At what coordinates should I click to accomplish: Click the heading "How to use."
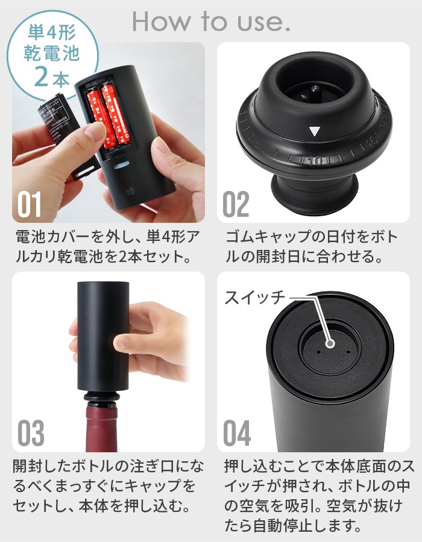click(211, 22)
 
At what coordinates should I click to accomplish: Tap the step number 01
click(30, 204)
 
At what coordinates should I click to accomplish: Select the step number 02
click(236, 204)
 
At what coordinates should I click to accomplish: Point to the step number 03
click(31, 433)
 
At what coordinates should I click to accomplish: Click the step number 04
click(237, 433)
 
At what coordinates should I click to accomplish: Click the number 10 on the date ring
click(316, 161)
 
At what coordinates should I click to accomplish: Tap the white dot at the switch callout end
click(330, 344)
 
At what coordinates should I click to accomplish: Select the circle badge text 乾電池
click(51, 53)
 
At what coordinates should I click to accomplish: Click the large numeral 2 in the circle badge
click(42, 77)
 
